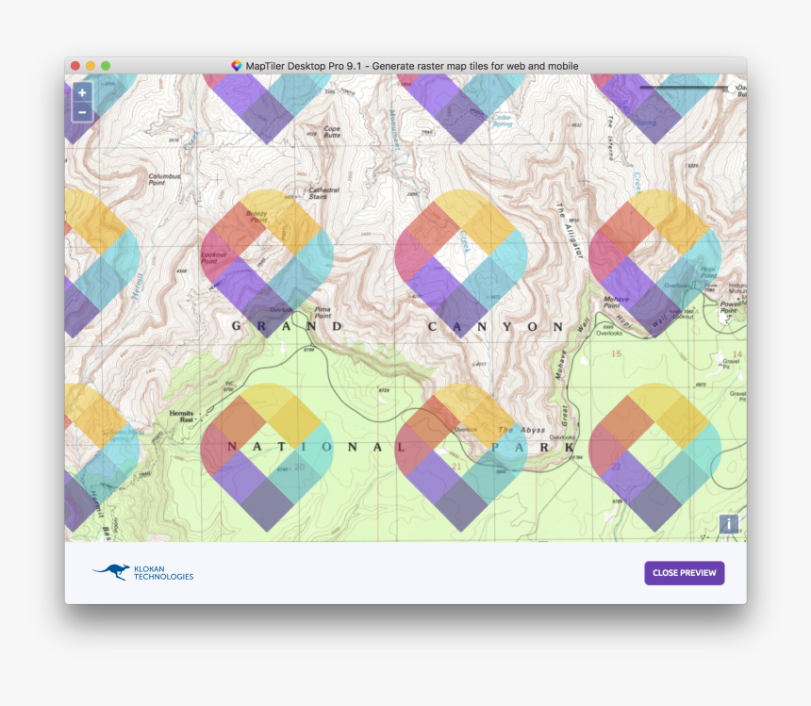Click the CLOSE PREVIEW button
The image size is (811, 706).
(684, 573)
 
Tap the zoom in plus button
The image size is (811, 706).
(82, 92)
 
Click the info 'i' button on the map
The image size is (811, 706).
(729, 524)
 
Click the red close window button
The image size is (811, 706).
(75, 66)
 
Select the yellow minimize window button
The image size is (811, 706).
(91, 66)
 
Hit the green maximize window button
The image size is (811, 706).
(106, 66)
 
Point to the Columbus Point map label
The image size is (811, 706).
(163, 179)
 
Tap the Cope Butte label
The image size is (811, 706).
(332, 132)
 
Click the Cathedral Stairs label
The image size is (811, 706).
(323, 192)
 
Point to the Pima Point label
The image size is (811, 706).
(323, 313)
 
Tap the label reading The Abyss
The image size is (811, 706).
(520, 430)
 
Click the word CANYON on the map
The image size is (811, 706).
(495, 327)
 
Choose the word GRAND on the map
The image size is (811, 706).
(287, 326)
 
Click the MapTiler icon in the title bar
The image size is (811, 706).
(237, 66)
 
